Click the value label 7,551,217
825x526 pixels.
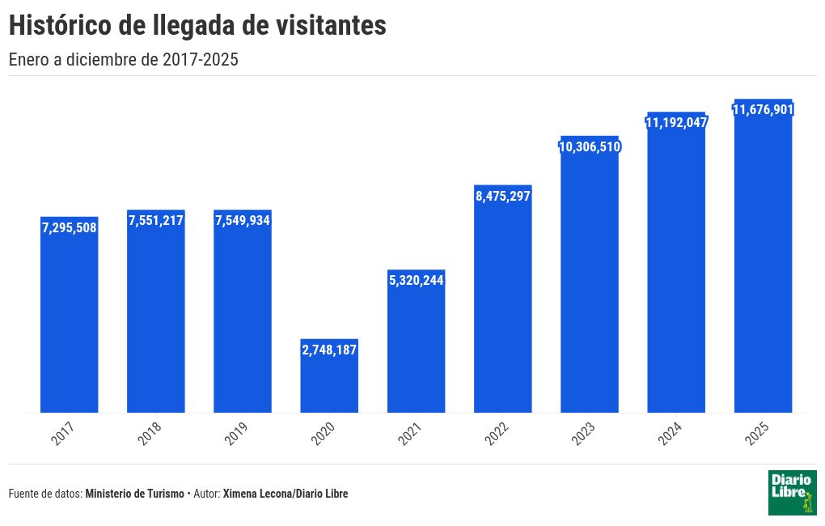tap(156, 220)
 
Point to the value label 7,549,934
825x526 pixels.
tap(243, 220)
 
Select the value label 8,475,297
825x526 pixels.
tap(503, 196)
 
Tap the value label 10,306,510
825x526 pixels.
tap(590, 146)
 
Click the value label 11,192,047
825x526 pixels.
tap(676, 122)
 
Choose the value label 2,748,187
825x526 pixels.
tap(329, 350)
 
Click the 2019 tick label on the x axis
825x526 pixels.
tap(237, 434)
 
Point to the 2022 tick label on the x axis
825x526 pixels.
tap(497, 434)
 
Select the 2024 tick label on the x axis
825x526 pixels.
tap(671, 434)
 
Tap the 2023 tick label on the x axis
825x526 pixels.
tap(584, 434)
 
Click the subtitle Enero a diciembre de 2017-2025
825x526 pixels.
tap(123, 60)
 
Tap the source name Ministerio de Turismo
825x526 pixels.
tap(134, 494)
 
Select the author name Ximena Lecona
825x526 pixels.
tap(255, 494)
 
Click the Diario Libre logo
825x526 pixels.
tap(792, 492)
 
